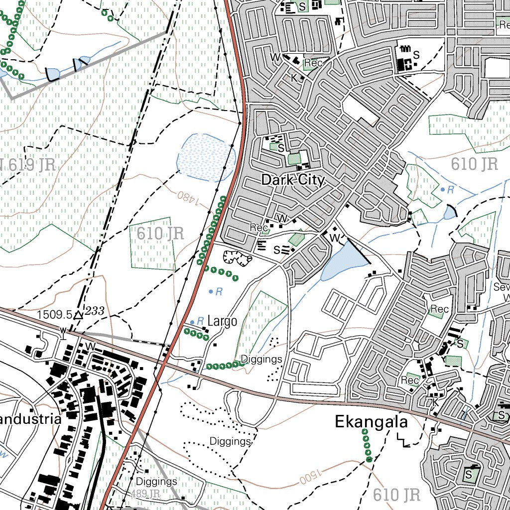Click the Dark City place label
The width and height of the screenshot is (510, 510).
click(x=293, y=180)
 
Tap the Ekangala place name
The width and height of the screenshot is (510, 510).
click(x=371, y=422)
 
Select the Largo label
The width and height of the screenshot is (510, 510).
click(x=222, y=321)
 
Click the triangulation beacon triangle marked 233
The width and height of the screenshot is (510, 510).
click(x=78, y=315)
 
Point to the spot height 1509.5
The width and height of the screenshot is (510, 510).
click(x=54, y=315)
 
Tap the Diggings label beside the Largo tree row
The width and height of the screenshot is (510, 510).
click(x=261, y=359)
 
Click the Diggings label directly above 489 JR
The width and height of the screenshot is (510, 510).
click(x=156, y=482)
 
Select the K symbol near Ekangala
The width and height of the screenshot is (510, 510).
click(x=435, y=402)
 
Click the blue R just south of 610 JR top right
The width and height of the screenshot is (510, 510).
click(x=450, y=189)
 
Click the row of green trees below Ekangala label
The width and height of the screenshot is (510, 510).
click(x=367, y=444)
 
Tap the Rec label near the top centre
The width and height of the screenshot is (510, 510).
click(x=313, y=63)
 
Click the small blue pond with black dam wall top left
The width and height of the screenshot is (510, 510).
click(x=52, y=74)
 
